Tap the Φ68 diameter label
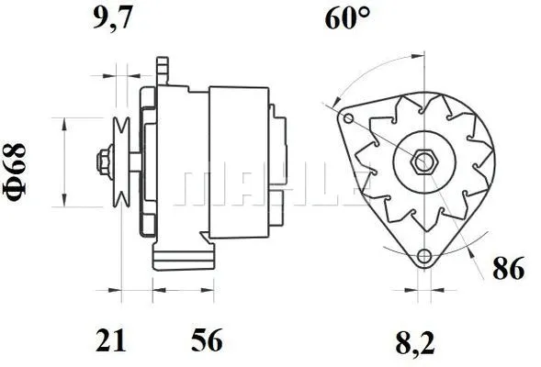(19, 161)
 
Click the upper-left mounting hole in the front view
(346, 118)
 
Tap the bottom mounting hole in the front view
(423, 258)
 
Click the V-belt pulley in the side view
(119, 161)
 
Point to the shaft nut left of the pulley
(99, 162)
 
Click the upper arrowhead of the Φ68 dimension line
(63, 123)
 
